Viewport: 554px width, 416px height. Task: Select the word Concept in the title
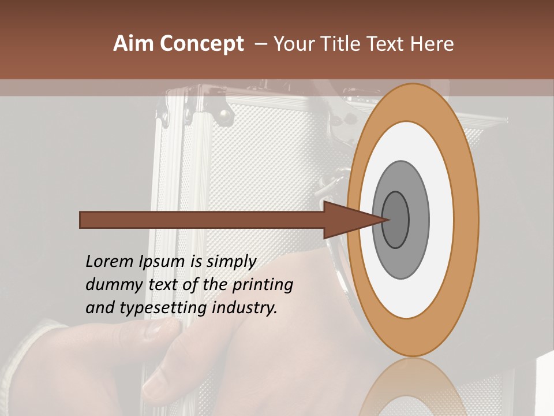point(201,44)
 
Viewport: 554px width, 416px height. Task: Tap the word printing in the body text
point(263,285)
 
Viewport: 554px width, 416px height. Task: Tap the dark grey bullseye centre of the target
point(396,220)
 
